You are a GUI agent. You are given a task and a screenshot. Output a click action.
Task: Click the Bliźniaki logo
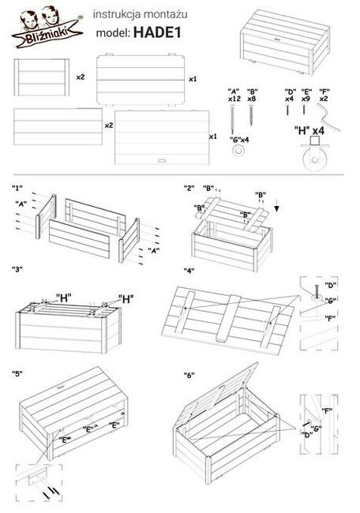tap(47, 29)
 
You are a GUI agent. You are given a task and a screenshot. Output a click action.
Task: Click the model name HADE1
tap(157, 32)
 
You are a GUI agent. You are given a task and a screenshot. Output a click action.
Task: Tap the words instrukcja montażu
tap(140, 14)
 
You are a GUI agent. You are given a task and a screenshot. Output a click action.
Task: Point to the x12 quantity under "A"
tap(234, 99)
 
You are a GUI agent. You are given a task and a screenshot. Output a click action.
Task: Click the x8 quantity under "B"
tap(252, 99)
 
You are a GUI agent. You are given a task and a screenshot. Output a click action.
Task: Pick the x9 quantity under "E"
tap(306, 99)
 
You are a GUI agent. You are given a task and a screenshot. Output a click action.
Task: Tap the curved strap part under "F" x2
tap(328, 118)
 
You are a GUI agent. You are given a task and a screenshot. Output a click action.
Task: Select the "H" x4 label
tap(309, 131)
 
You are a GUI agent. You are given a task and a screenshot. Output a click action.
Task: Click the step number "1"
tap(17, 188)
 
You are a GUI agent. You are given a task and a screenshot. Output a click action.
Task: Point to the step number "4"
tap(189, 270)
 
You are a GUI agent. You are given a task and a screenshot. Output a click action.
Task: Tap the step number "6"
tap(189, 375)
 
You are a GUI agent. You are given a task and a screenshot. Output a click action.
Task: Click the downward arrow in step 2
tap(277, 208)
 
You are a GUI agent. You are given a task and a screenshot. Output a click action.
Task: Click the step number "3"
tap(17, 269)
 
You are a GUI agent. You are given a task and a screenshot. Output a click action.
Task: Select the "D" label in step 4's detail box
tap(331, 285)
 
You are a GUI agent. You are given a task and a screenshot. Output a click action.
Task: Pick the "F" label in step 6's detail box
tap(327, 410)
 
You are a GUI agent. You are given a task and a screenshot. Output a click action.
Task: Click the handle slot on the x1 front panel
tap(162, 160)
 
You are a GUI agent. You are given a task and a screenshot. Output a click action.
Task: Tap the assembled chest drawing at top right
tap(285, 42)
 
